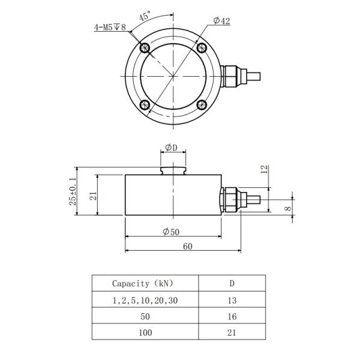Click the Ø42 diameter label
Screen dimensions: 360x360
[221, 21]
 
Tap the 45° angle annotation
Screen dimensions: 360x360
[145, 17]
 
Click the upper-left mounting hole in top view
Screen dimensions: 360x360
[143, 49]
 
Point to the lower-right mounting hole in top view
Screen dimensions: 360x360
[202, 106]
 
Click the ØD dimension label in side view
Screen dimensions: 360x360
[172, 148]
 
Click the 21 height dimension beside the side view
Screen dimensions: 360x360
[93, 196]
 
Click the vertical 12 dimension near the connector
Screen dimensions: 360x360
[263, 170]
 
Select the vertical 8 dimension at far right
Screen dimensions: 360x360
[289, 209]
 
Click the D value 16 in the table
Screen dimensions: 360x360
[232, 316]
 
